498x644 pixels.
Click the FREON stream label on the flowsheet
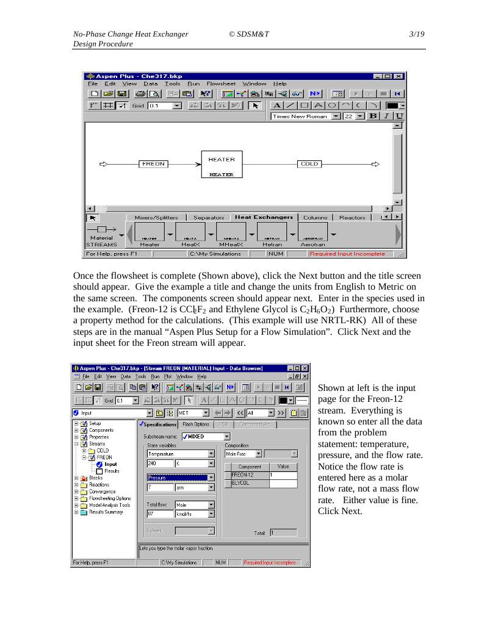click(x=153, y=164)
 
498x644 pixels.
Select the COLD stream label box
click(x=309, y=164)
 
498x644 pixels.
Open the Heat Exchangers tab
click(x=264, y=217)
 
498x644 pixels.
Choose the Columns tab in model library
click(x=316, y=217)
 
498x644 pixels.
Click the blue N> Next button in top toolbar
click(x=315, y=94)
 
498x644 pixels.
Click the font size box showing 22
click(x=348, y=116)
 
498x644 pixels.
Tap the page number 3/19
click(x=417, y=35)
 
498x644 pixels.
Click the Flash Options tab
click(x=196, y=424)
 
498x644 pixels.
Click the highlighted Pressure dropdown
click(x=180, y=478)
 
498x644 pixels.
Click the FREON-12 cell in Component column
click(x=247, y=475)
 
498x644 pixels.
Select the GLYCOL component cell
click(x=247, y=483)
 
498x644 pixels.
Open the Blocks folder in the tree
click(x=95, y=478)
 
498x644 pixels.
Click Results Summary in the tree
click(x=106, y=512)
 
